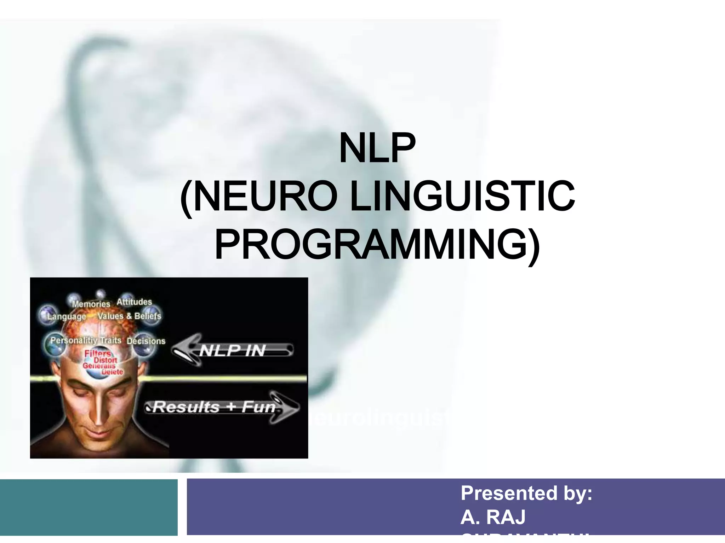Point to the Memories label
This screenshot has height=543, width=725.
tap(91, 304)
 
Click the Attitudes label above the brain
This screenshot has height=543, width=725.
tap(134, 302)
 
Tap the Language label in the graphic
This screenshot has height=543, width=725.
tap(67, 316)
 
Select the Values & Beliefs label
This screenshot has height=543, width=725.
tap(129, 316)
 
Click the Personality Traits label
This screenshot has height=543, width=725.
tap(86, 340)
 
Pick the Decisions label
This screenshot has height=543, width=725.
tap(146, 341)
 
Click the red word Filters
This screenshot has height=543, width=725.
tap(97, 354)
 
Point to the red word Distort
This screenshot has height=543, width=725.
tap(105, 360)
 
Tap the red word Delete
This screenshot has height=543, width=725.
tap(112, 372)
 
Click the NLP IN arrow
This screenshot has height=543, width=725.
tap(232, 351)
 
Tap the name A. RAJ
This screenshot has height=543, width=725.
tap(493, 517)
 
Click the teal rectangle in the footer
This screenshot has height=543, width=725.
tap(89, 507)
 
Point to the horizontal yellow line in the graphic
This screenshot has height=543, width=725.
tap(219, 378)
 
